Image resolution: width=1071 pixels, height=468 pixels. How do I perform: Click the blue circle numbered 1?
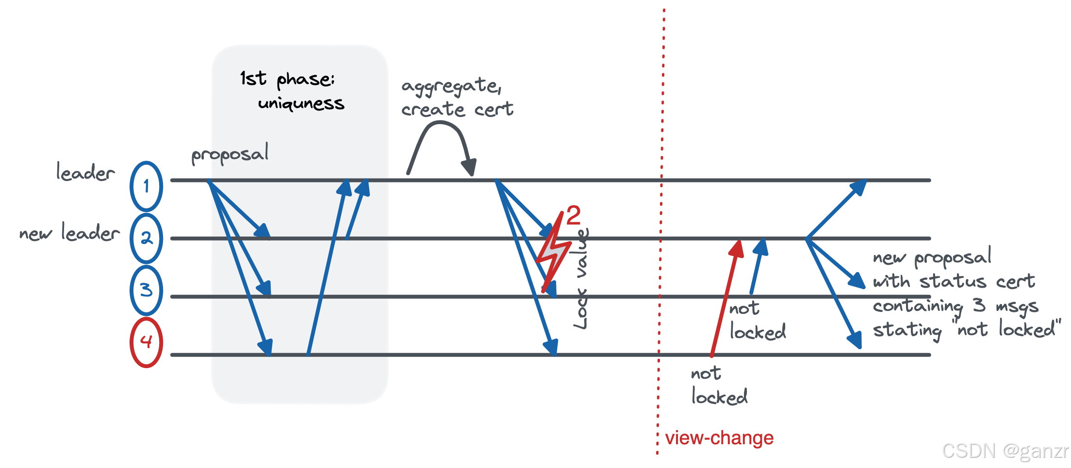coord(146,186)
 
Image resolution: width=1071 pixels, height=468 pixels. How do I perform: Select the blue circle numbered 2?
coord(146,239)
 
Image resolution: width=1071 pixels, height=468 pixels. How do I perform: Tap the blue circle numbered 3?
coord(146,290)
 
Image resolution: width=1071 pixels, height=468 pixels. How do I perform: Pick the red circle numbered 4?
coord(146,342)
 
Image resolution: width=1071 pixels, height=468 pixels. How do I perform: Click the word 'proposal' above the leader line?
coord(230,154)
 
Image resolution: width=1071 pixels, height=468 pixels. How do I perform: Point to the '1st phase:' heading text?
coord(287,79)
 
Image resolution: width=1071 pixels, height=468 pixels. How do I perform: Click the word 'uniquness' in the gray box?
coord(301,103)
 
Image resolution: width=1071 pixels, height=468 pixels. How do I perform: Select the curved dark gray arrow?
coord(441,141)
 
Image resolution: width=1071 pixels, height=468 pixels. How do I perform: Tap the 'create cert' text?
coord(457,110)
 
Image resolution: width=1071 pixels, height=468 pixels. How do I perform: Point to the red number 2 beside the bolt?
coord(573,215)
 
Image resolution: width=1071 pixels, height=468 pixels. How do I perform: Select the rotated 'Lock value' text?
coord(581,279)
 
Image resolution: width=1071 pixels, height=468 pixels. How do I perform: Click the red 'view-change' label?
coord(719,438)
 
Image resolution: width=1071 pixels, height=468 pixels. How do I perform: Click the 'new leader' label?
coord(69,233)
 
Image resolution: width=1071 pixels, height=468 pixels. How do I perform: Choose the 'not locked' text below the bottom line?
coord(718,386)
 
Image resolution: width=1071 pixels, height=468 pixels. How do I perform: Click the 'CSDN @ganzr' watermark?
coord(1005,451)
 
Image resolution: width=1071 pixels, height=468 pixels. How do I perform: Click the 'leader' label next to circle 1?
coord(85,172)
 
